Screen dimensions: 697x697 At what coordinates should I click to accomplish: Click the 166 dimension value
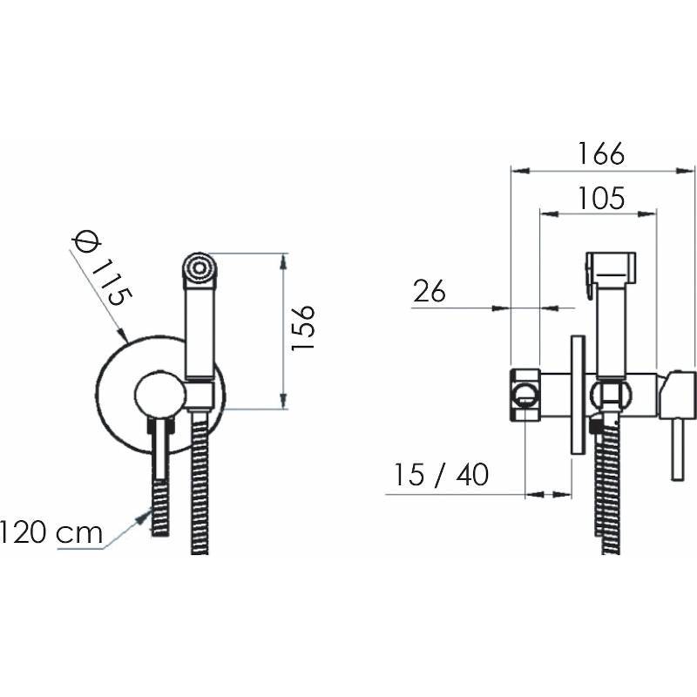600,154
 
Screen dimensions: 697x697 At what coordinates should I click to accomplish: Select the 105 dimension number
600,198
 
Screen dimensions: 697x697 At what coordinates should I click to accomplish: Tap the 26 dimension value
429,292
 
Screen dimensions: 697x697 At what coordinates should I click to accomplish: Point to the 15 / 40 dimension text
442,474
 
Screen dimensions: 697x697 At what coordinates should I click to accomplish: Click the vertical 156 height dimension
302,328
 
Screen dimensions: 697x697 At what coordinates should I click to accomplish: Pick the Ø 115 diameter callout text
102,269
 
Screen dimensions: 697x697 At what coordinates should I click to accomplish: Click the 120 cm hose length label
51,532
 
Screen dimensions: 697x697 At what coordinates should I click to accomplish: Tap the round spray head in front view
200,267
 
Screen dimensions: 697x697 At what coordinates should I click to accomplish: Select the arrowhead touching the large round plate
122,335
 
